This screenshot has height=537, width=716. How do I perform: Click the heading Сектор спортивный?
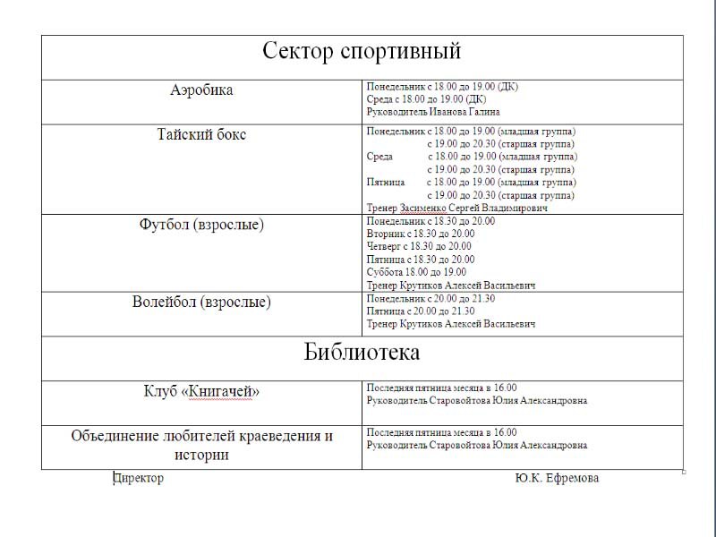[362, 51]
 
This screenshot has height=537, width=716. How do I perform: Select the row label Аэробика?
[201, 90]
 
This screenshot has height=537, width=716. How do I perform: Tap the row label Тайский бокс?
[201, 135]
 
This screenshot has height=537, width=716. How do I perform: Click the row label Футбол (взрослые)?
[201, 225]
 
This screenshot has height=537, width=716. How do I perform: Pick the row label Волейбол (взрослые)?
[201, 303]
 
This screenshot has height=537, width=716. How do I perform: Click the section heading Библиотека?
[362, 353]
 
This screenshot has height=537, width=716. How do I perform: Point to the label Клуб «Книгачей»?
[201, 392]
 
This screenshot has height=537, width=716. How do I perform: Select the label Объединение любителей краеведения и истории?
[201, 445]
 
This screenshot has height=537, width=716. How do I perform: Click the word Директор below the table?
[139, 478]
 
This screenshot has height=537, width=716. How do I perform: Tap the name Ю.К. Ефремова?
[557, 478]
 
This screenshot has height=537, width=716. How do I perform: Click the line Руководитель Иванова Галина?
[433, 113]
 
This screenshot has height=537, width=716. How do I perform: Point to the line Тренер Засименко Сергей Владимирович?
[457, 208]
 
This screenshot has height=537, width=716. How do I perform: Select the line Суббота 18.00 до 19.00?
[416, 272]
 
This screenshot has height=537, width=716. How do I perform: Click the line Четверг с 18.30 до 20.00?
[419, 246]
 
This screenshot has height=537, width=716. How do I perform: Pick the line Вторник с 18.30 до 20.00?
[421, 234]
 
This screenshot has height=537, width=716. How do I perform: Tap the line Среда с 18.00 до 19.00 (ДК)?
[426, 99]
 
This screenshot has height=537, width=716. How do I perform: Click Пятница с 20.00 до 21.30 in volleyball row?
[421, 311]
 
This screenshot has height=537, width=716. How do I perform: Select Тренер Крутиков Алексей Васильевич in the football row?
[451, 286]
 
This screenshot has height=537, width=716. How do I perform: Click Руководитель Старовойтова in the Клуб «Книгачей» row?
[477, 401]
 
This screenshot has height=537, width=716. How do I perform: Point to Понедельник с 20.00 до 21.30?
[430, 298]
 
